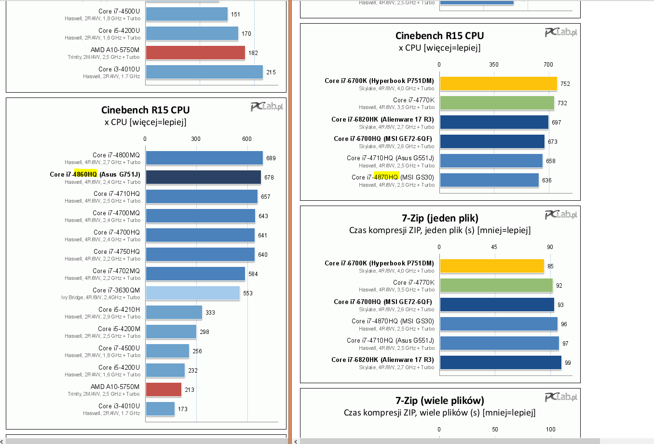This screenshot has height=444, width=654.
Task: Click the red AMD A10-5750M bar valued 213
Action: [x=163, y=389]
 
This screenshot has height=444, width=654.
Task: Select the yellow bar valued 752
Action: [x=498, y=83]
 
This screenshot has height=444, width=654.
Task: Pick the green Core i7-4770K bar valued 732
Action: [x=497, y=103]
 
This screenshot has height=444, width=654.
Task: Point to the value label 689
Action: [x=271, y=158]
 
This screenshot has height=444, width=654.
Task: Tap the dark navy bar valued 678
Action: [x=203, y=177]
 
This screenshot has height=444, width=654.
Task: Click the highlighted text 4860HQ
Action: [x=85, y=174]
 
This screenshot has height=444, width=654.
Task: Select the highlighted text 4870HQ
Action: [x=386, y=177]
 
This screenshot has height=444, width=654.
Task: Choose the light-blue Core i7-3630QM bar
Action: [x=192, y=293]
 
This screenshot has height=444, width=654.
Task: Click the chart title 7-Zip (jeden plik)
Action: [x=440, y=218]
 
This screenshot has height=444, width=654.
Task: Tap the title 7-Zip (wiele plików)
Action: [x=440, y=401]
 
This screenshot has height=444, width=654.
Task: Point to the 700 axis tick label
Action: [x=548, y=65]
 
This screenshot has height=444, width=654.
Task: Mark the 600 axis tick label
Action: [x=247, y=139]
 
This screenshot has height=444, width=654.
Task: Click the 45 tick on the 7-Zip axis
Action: [x=494, y=247]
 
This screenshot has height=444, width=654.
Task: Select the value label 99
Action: [x=568, y=363]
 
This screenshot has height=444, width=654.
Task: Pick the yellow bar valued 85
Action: [x=492, y=266]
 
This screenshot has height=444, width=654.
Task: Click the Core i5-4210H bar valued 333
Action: [x=174, y=312]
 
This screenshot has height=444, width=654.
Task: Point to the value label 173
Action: [x=183, y=409]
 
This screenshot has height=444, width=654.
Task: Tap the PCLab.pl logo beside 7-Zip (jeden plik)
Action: [x=561, y=215]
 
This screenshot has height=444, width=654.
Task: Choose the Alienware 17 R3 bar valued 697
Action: [x=494, y=122]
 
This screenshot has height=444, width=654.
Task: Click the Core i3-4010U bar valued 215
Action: [x=204, y=72]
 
